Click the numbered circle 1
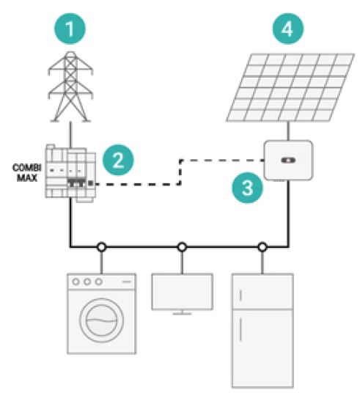(x=70, y=29)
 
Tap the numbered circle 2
(x=118, y=160)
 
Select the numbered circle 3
(x=247, y=188)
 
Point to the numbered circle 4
(x=288, y=29)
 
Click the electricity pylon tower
(x=70, y=87)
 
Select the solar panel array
(x=290, y=87)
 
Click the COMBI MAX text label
(x=27, y=173)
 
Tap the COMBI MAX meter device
(x=70, y=174)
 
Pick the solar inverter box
(x=288, y=160)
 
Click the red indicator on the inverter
(x=288, y=160)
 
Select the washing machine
(x=101, y=314)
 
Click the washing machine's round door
(x=101, y=320)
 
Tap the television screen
(x=183, y=292)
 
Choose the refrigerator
(x=262, y=331)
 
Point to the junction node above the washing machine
(x=101, y=247)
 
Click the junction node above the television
(x=182, y=247)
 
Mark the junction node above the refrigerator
(x=262, y=247)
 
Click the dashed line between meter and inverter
(x=180, y=172)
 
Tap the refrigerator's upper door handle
(x=240, y=295)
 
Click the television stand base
(x=183, y=314)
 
